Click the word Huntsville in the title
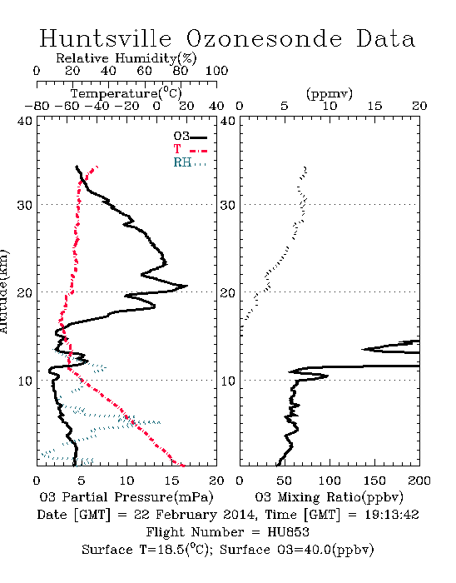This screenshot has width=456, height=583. [x=106, y=38]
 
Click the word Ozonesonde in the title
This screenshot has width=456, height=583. [x=264, y=38]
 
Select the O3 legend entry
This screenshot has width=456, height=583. [x=190, y=137]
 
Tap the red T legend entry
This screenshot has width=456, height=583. [x=190, y=149]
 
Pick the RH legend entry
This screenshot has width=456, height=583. [x=190, y=162]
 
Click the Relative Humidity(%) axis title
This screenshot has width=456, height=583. [x=126, y=58]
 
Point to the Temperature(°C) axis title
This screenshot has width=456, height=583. [x=126, y=93]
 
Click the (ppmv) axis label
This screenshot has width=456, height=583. [x=330, y=93]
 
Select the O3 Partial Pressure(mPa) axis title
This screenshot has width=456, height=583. [x=126, y=497]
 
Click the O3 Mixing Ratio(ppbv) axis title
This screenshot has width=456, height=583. [x=329, y=497]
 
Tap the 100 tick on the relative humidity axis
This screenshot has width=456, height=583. [x=216, y=71]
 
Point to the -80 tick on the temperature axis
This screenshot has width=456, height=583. [x=37, y=106]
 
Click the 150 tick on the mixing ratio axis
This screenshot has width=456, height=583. [x=374, y=481]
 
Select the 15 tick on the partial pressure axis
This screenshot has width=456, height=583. [x=171, y=481]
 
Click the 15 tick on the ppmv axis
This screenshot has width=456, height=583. [x=374, y=106]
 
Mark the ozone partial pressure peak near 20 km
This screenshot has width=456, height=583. [x=186, y=286]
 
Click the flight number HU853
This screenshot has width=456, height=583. [x=288, y=532]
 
